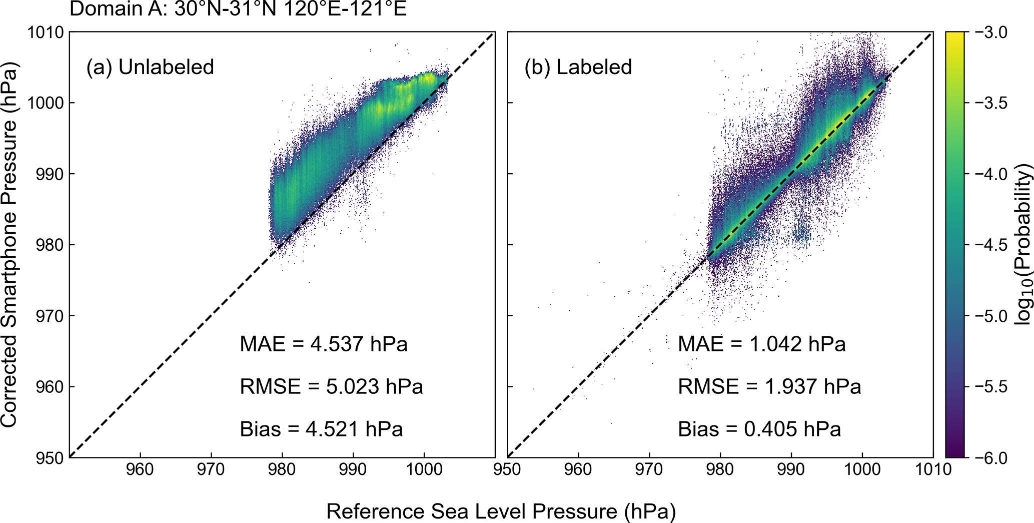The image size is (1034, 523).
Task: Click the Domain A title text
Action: pos(238,9)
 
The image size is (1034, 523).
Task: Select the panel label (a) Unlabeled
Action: pos(150,67)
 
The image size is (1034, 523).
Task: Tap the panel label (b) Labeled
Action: pos(578,67)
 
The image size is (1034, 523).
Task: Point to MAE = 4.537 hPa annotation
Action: pos(324,344)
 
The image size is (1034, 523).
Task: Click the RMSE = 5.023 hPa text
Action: pos(331,387)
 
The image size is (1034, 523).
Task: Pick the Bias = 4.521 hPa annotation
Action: pos(321,429)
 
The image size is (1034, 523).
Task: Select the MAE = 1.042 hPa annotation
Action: pos(761,344)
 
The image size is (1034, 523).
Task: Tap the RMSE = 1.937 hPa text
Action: pos(769,387)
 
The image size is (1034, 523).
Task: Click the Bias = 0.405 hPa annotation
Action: pos(759,429)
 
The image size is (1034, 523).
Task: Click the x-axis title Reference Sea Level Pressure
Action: pos(501,511)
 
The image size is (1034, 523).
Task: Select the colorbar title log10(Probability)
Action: pos(1023,244)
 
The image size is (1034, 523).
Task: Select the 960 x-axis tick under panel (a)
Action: pos(140,469)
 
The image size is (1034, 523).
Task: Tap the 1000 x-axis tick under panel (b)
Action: pos(862,469)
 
